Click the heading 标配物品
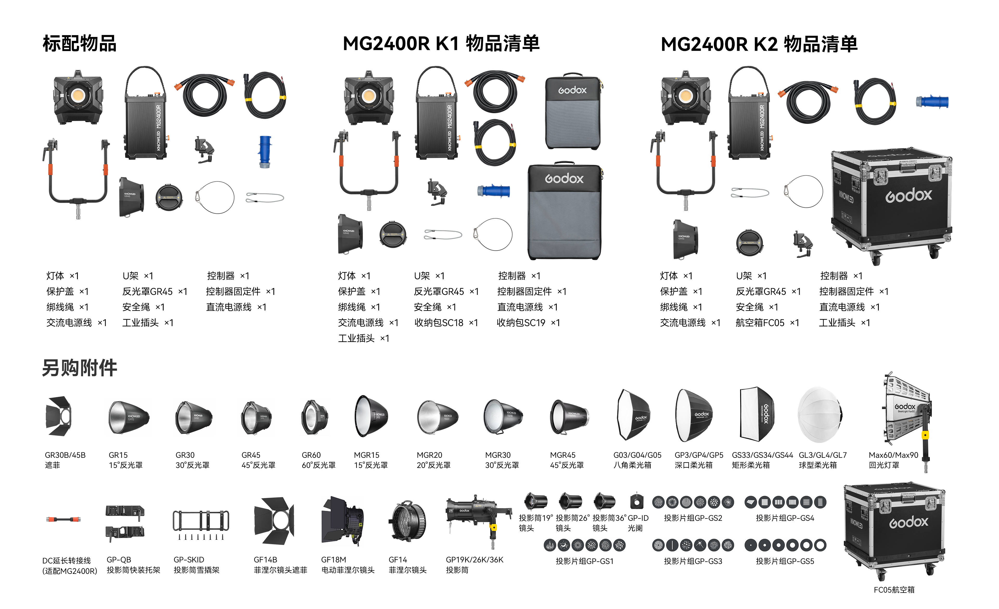coord(79,44)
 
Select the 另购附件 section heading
coord(79,368)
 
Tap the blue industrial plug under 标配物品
coord(265,152)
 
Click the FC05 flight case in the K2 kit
coord(891,206)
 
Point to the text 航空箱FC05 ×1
coord(767,323)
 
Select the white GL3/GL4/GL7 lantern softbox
coord(820,414)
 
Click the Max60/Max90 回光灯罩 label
coord(893,460)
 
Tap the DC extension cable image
coord(63,519)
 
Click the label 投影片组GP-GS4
coord(785,518)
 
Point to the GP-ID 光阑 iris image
coord(637,501)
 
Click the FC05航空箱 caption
coord(894,590)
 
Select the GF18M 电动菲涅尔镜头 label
coord(348,565)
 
